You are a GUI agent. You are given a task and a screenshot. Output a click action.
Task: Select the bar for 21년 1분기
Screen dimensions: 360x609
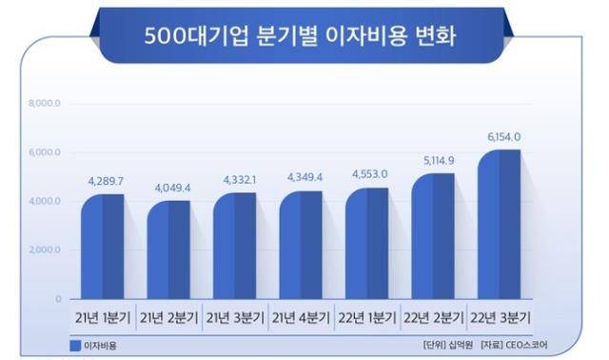pyautogui.click(x=103, y=248)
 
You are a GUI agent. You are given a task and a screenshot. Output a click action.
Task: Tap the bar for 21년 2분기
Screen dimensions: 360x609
pyautogui.click(x=168, y=251)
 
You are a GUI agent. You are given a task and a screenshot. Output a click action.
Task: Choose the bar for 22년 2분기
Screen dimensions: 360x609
pyautogui.click(x=433, y=237)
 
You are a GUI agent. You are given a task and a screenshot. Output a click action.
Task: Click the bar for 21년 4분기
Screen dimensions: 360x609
pyautogui.click(x=301, y=247)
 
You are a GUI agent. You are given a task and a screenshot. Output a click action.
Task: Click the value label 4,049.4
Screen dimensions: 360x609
pyautogui.click(x=169, y=188)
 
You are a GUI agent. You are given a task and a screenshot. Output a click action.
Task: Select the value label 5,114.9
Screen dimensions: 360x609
pyautogui.click(x=435, y=160)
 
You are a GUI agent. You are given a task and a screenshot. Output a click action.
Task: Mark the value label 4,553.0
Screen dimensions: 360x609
pyautogui.click(x=368, y=174)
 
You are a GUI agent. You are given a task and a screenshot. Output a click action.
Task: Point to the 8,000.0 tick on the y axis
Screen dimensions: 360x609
pyautogui.click(x=45, y=104)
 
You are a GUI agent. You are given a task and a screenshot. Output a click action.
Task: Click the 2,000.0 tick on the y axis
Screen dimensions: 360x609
pyautogui.click(x=45, y=250)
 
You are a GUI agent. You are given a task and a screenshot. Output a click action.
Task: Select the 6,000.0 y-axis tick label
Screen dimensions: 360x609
pyautogui.click(x=45, y=152)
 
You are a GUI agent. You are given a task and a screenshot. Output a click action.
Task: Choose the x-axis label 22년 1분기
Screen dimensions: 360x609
pyautogui.click(x=367, y=317)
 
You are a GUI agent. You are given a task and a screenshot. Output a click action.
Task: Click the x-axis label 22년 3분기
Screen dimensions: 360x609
pyautogui.click(x=500, y=317)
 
